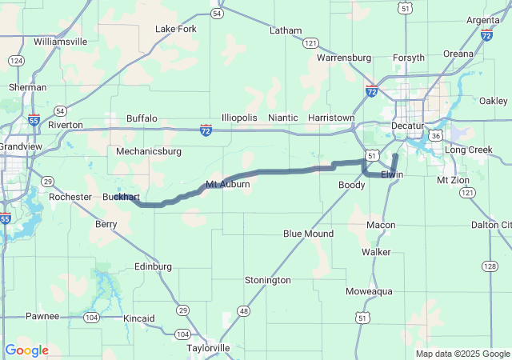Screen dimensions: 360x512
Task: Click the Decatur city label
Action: [x=407, y=126]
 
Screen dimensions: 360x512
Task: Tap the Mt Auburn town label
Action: [x=228, y=185]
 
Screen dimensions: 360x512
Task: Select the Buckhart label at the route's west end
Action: [x=122, y=197]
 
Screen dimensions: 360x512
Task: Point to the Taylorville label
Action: [x=207, y=348]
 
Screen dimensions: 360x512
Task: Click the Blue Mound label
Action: [x=308, y=234]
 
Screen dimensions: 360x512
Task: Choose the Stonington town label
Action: [x=267, y=280]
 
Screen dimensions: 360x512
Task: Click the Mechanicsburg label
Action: [x=149, y=150]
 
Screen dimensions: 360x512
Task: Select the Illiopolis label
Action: [x=239, y=118]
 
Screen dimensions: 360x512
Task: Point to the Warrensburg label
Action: [x=344, y=58]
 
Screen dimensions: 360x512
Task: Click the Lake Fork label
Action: [x=175, y=29]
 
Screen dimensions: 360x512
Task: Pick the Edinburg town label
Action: [x=153, y=266]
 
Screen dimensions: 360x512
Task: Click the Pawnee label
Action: [x=42, y=316]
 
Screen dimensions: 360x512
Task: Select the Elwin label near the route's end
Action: [x=392, y=174]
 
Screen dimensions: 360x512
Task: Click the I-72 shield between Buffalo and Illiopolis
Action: [x=206, y=128]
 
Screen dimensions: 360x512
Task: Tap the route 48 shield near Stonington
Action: [x=244, y=310]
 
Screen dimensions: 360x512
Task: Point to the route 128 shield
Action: [x=490, y=265]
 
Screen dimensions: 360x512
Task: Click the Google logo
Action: [x=26, y=350]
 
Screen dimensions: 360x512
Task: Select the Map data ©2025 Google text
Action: [x=462, y=354]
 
